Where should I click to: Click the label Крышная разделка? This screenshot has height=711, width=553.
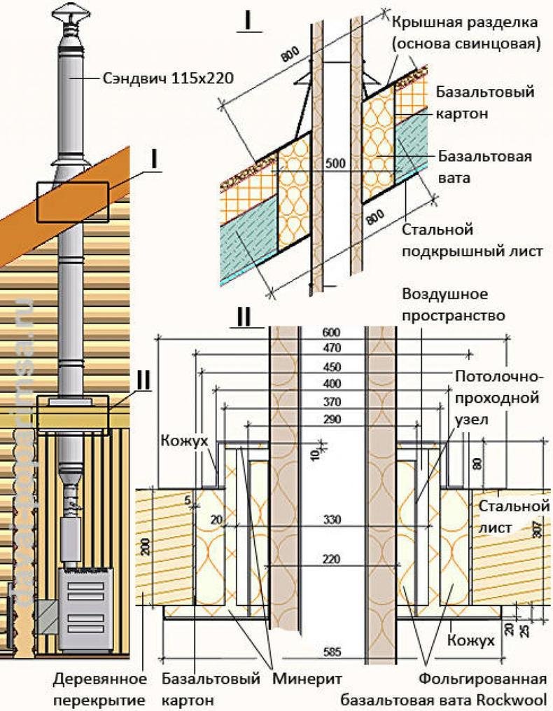pyautogui.click(x=465, y=23)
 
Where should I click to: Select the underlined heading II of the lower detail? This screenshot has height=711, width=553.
pyautogui.click(x=244, y=317)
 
